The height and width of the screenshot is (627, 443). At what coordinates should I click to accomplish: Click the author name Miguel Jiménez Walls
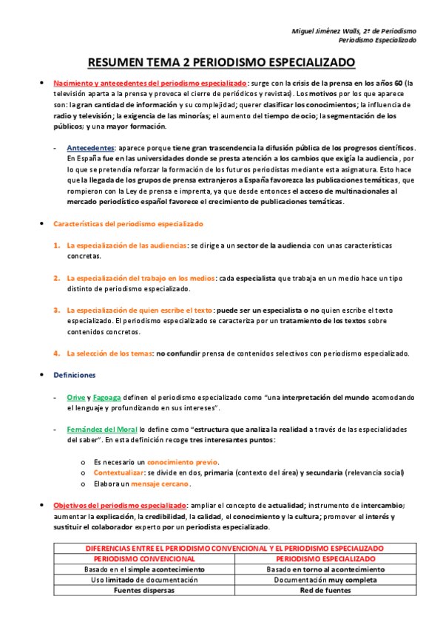pos(331,30)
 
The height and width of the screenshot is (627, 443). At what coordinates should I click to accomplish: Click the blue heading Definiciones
pos(74,375)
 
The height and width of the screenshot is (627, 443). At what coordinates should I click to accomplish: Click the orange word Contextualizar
pos(120,472)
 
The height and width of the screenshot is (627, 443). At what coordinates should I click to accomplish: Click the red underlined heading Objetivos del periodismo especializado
pos(113,506)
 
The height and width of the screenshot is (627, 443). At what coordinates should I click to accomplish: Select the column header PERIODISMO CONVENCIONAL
pos(144,559)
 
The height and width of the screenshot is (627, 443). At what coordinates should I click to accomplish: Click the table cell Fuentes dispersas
pos(144,592)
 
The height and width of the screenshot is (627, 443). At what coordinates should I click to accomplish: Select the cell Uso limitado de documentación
pos(144,580)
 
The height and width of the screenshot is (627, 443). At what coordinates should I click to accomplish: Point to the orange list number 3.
pos(57,310)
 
